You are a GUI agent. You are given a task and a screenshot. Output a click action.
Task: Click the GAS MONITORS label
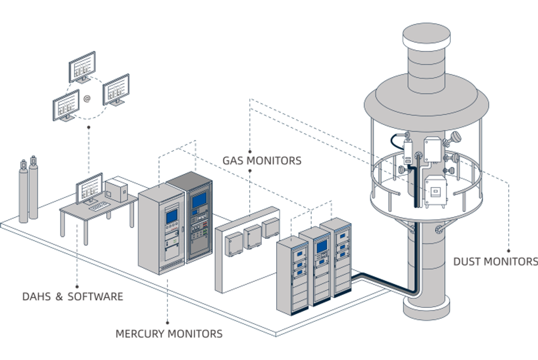coord(262,161)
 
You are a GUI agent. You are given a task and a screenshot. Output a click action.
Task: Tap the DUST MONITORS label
coord(495,261)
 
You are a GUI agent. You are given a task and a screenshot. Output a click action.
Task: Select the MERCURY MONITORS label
coord(169,334)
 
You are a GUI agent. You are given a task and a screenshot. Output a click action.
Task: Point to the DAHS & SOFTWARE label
coord(72,297)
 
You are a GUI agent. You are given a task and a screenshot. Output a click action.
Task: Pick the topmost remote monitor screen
coord(81,66)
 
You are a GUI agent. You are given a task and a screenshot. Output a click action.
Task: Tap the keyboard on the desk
coord(98,206)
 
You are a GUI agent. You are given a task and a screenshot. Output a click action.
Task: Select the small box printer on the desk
coord(116,190)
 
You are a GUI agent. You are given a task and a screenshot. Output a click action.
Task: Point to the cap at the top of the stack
coord(426,36)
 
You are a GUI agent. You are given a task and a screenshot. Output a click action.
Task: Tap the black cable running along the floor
coord(383,282)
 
